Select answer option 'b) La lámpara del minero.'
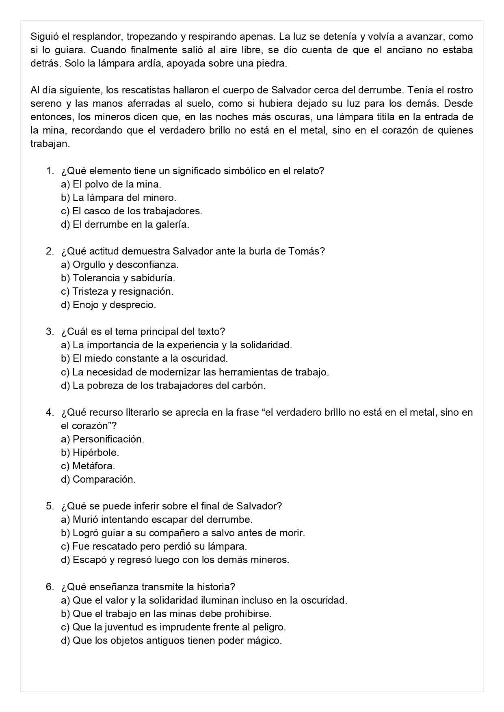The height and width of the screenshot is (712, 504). tap(119, 198)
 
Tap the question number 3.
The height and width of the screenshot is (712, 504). tap(50, 332)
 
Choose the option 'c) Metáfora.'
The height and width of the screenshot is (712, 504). tap(88, 466)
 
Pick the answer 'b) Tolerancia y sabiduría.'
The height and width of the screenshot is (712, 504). tap(118, 278)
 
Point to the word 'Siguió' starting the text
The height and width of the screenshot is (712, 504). tap(44, 37)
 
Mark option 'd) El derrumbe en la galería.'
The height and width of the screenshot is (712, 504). tap(125, 224)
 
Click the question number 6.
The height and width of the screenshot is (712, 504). tap(50, 587)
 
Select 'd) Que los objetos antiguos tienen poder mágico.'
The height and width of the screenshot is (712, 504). tap(171, 641)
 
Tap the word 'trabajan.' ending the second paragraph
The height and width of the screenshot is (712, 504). tap(50, 144)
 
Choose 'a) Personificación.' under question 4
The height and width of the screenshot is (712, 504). tap(103, 439)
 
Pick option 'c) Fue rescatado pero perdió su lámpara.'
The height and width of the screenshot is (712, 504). tap(154, 546)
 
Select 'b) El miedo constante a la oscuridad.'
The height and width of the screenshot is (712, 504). tap(145, 358)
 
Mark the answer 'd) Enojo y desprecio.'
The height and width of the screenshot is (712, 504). tap(108, 305)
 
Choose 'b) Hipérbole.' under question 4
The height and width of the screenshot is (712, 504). tap(90, 453)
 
